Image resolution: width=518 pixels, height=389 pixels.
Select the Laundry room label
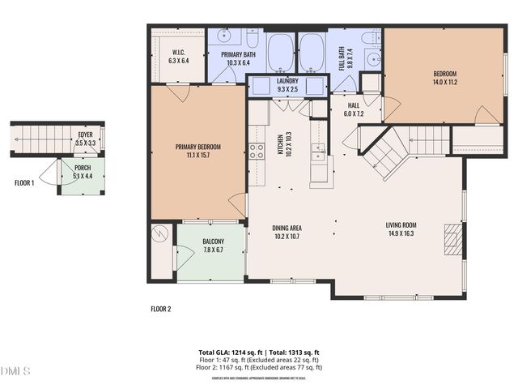pos(287,81)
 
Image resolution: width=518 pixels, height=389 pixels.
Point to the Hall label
pos(354,105)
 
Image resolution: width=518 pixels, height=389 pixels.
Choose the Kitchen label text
pos(280,143)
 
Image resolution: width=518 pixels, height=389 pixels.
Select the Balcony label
pos(214,242)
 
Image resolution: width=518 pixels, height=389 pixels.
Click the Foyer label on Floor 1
pos(85,135)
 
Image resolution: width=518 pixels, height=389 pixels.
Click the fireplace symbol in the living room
pos(452,240)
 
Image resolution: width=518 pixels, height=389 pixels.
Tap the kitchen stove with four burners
pos(256,151)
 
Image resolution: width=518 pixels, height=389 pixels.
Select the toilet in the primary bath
pos(253,39)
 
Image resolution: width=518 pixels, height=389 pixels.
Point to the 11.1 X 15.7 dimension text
pos(197,156)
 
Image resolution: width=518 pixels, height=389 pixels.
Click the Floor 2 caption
pos(161,309)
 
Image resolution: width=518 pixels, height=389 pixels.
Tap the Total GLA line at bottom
pos(258,352)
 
